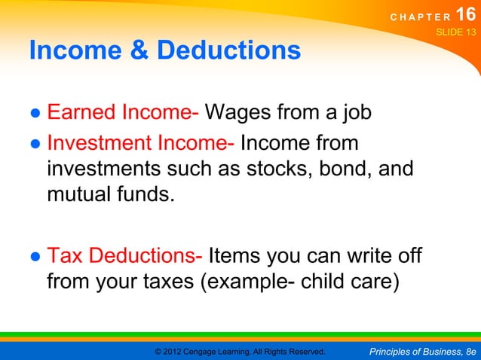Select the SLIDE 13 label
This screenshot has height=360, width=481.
coord(456,33)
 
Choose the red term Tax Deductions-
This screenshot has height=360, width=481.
coord(124,257)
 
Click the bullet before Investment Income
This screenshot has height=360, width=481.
coord(35,143)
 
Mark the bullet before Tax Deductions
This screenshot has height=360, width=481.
coord(35,258)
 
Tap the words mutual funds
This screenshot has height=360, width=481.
coord(110,196)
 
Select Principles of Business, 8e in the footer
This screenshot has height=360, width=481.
coord(424,351)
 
